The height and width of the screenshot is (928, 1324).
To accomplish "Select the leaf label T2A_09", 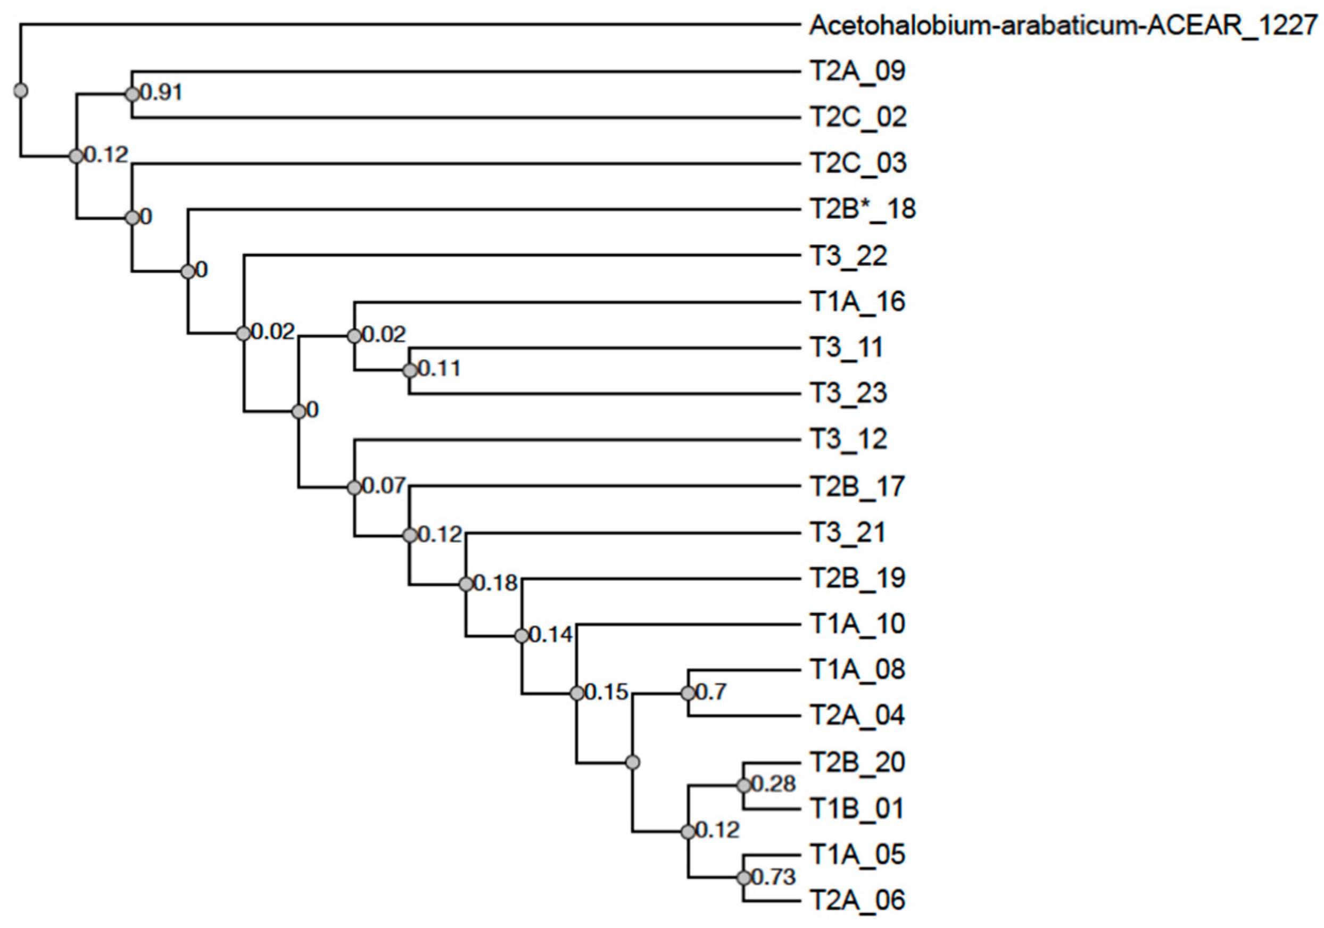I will pyautogui.click(x=857, y=71).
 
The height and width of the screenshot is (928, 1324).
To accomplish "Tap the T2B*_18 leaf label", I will pyautogui.click(x=863, y=209).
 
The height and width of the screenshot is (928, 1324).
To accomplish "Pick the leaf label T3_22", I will pyautogui.click(x=848, y=255).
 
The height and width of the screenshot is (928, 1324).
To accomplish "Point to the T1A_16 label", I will pyautogui.click(x=857, y=302).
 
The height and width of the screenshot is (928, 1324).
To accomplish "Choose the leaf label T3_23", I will pyautogui.click(x=848, y=393).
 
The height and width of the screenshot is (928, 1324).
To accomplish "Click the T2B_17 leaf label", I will pyautogui.click(x=857, y=487).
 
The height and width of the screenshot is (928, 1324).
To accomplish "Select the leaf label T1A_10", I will pyautogui.click(x=857, y=624).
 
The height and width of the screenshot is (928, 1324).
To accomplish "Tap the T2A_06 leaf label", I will pyautogui.click(x=857, y=900).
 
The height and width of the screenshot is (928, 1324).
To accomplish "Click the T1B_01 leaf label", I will pyautogui.click(x=856, y=809).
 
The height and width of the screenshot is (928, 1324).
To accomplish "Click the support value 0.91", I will pyautogui.click(x=161, y=92).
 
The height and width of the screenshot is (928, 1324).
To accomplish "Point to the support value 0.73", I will pyautogui.click(x=774, y=877).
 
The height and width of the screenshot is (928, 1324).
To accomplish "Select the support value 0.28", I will pyautogui.click(x=774, y=784).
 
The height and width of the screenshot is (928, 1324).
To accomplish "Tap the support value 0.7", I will pyautogui.click(x=711, y=692).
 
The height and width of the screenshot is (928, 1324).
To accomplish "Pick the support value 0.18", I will pyautogui.click(x=496, y=584).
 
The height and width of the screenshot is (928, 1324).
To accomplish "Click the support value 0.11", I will pyautogui.click(x=440, y=369).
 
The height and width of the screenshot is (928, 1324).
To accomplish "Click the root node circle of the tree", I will pyautogui.click(x=21, y=90).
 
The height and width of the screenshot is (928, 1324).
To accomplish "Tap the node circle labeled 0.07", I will pyautogui.click(x=354, y=487).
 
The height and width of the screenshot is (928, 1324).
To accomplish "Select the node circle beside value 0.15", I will pyautogui.click(x=577, y=693).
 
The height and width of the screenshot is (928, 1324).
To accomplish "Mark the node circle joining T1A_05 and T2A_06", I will pyautogui.click(x=744, y=878).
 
